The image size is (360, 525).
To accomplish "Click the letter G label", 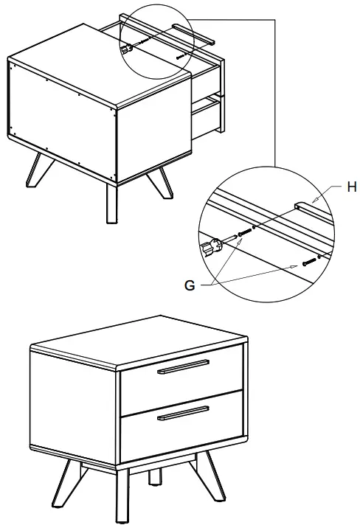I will (190, 285).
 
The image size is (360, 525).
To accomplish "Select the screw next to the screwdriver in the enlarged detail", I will (243, 233).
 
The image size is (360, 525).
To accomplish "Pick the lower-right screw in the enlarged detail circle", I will (308, 260).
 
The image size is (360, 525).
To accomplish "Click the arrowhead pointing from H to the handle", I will (313, 200).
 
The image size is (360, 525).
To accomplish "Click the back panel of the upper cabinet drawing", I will (63, 118).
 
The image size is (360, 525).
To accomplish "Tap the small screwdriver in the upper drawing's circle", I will (128, 47).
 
